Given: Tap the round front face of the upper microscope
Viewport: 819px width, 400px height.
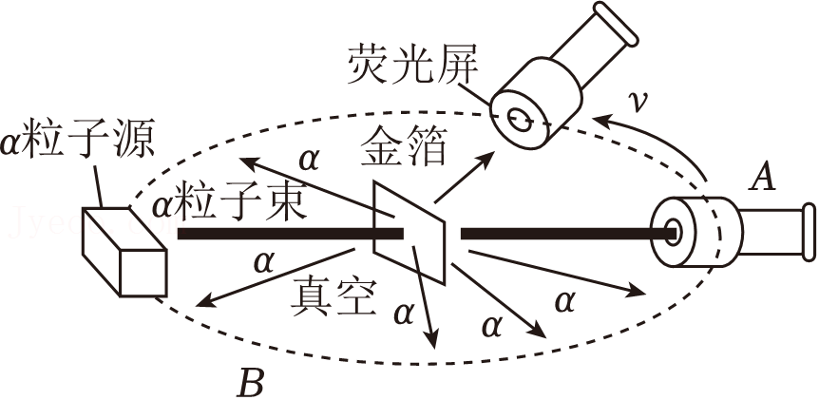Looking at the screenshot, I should coord(520,117).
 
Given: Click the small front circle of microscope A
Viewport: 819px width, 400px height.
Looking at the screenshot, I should coord(674,231).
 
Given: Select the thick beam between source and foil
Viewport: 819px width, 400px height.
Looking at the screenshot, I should coord(276,232).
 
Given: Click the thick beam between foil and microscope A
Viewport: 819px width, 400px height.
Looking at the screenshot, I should coord(561,232).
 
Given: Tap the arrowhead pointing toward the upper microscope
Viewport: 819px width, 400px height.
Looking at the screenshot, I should coord(492,156).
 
